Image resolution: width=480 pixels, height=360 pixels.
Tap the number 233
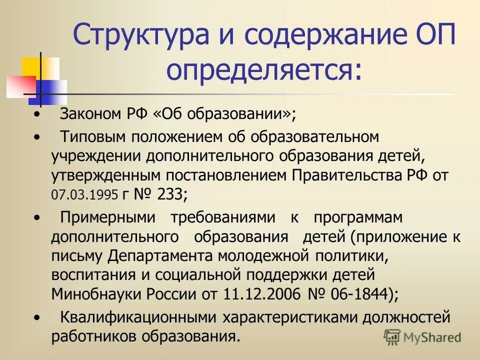pos(169,194)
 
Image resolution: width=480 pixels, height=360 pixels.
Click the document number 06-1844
pos(354,294)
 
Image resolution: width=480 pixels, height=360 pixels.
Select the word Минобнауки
pos(92,294)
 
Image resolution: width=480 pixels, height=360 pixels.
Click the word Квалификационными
pos(138,316)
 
